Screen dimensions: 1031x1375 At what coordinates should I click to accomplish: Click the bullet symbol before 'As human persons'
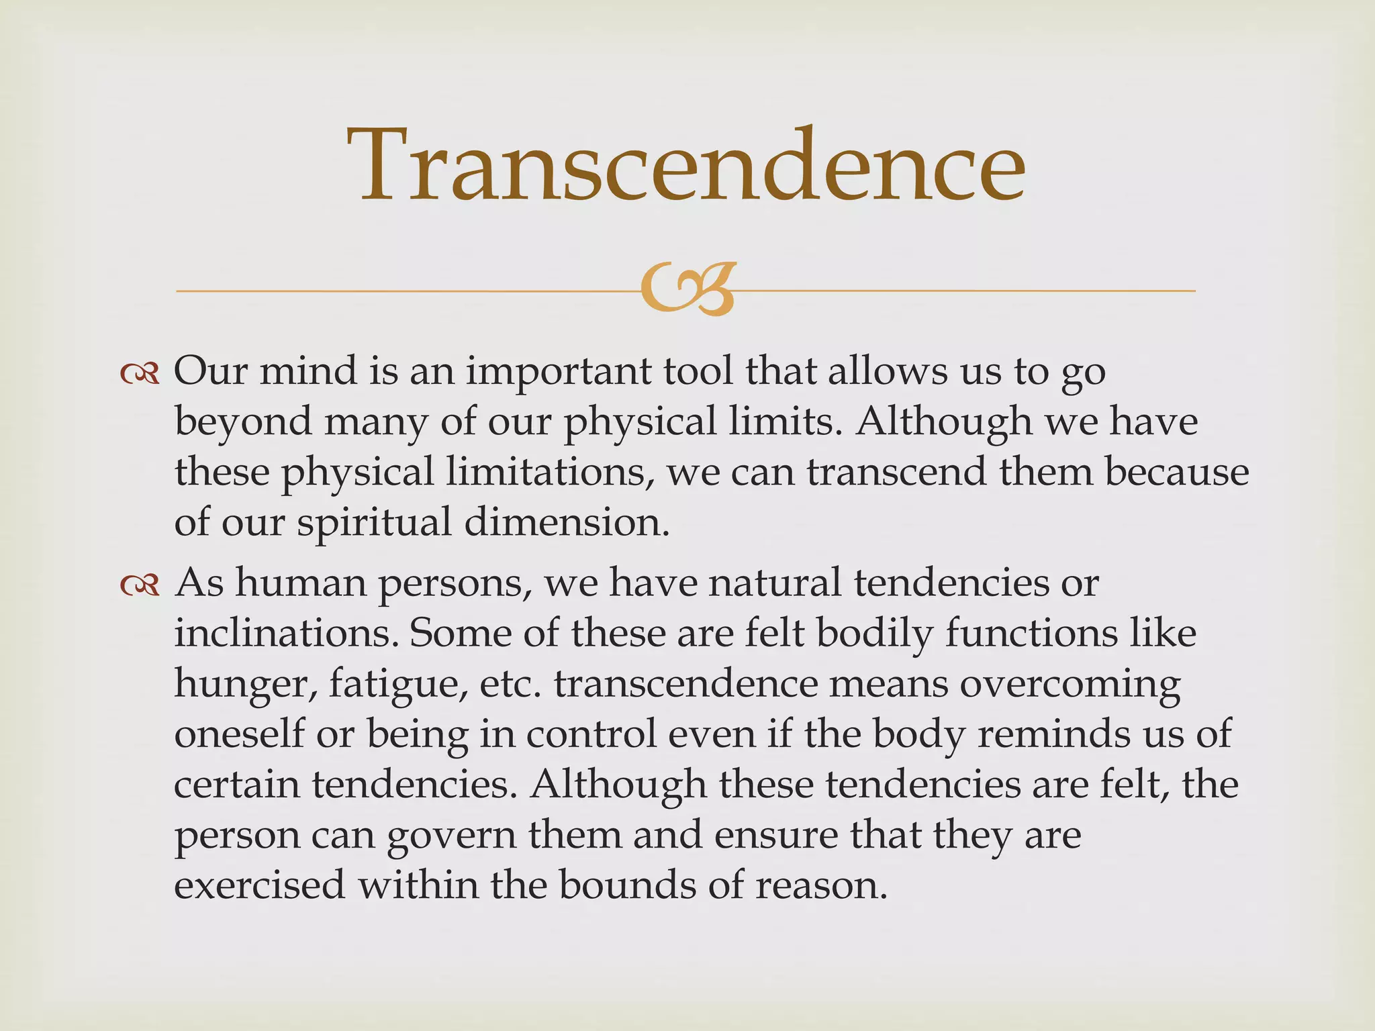tap(140, 585)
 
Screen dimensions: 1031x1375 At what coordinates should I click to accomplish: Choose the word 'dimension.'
tap(567, 522)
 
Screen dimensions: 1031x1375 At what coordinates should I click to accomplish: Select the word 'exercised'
tap(259, 885)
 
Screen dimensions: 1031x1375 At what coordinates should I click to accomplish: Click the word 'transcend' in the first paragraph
tap(896, 472)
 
